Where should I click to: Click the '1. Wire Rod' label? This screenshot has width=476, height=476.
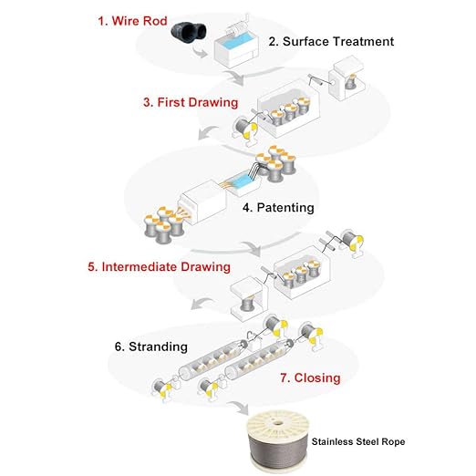coord(132,21)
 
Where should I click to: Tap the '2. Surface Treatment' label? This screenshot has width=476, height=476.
coord(331,41)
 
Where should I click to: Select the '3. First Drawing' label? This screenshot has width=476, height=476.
coord(191,102)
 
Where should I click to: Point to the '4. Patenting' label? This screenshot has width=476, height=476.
coord(278,208)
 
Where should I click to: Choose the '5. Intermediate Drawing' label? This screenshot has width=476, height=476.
coord(159,267)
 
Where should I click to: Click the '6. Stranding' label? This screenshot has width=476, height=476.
coord(151,347)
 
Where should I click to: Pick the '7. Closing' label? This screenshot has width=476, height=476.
coord(310,378)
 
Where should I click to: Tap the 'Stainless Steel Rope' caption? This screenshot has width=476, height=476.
coord(358,441)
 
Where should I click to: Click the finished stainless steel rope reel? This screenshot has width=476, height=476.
coord(278,441)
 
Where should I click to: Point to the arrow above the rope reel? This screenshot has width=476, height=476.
coord(240,408)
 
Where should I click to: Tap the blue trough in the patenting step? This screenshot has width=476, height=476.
coord(241,181)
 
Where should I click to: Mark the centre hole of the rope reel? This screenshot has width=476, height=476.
coord(276,423)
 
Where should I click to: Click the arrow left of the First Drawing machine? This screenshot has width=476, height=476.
coord(207,132)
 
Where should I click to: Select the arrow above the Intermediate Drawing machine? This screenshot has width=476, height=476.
coord(253,248)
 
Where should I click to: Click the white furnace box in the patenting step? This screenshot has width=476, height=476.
coord(203,201)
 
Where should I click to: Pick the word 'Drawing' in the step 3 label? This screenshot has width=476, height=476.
coord(213,102)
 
